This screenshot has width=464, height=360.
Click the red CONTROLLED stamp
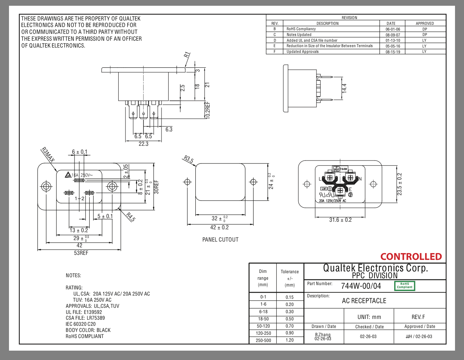tap(411, 257)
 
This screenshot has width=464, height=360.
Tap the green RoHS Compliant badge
tap(405, 285)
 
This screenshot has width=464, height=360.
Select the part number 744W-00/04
tap(361, 286)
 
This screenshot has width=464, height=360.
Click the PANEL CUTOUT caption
tap(220, 240)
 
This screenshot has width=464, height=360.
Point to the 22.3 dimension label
tap(143, 144)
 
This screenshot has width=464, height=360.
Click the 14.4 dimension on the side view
tap(344, 89)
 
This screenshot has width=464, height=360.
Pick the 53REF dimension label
tap(81, 253)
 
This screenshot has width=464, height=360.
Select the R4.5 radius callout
tap(131, 217)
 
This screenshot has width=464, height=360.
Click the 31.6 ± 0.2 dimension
tap(340, 220)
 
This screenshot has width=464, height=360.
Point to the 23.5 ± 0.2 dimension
tap(400, 184)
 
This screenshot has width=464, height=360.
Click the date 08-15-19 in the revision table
tap(393, 52)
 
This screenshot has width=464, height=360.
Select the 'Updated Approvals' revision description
tap(302, 52)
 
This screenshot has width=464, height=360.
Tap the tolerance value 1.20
tap(290, 340)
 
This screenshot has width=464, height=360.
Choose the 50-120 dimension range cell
tap(263, 326)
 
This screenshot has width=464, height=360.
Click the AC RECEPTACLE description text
tap(364, 301)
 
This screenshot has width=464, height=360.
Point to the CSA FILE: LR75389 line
tap(85, 318)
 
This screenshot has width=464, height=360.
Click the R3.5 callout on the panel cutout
tap(188, 159)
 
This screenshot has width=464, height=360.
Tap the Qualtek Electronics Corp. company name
tap(375, 268)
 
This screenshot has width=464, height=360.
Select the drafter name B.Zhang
tap(323, 335)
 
